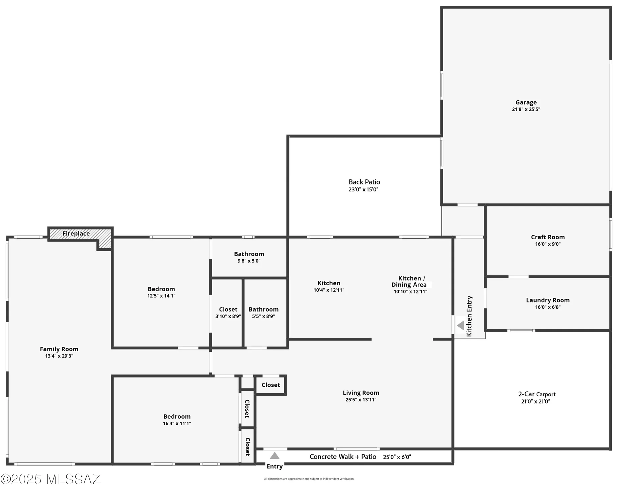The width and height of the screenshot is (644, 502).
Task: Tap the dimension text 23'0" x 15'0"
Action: [x=364, y=190]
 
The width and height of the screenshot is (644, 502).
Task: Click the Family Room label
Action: [x=59, y=349]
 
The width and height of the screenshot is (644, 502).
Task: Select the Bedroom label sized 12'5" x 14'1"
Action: [x=162, y=289]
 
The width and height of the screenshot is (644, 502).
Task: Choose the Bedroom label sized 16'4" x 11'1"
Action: [x=177, y=417]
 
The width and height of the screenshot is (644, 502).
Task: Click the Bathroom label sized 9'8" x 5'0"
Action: [x=249, y=254]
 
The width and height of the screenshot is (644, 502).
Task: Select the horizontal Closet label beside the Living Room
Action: [x=271, y=385]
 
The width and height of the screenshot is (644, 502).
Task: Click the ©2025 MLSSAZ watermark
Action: [x=50, y=480]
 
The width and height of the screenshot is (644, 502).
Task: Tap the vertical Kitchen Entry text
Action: [x=470, y=317]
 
